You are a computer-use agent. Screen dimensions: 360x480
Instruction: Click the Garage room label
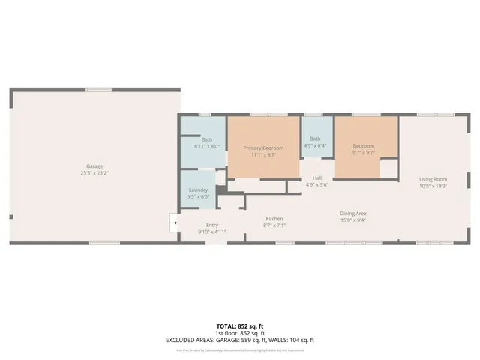tap(94, 166)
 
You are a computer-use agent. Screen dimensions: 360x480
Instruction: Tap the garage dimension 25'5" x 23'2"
tap(94, 172)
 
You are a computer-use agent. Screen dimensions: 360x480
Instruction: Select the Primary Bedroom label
tap(263, 148)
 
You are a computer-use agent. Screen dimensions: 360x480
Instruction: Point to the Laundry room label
tap(198, 190)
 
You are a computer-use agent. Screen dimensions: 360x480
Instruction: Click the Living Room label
tap(433, 178)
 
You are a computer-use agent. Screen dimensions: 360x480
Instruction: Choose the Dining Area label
tap(352, 214)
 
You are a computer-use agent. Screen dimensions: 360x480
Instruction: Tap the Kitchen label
tap(274, 219)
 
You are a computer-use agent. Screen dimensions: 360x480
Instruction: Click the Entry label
tap(212, 225)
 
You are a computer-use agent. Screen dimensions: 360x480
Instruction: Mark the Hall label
tap(318, 178)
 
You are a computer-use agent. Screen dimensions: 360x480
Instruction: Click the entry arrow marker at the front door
tap(173, 221)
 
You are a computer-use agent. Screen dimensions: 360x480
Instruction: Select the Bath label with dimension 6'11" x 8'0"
tap(206, 139)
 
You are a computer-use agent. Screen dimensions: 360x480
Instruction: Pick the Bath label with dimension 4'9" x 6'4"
tap(316, 139)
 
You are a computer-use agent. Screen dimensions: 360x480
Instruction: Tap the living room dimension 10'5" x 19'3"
tap(433, 185)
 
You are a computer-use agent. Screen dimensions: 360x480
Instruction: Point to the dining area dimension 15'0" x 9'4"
tap(352, 220)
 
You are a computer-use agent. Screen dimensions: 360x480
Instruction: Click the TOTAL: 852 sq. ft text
tap(240, 326)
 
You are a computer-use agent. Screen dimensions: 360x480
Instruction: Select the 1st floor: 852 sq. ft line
tap(240, 333)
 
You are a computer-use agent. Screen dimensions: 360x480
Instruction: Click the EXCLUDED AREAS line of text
tap(240, 340)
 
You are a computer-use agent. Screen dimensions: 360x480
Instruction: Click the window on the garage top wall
tap(98, 89)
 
